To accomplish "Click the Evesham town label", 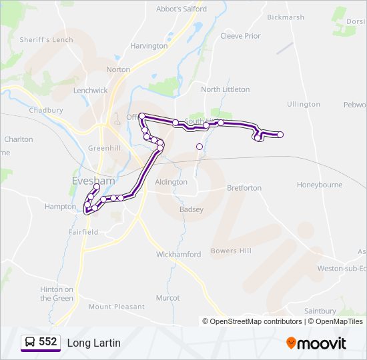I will click(93, 181).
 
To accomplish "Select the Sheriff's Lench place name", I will click(46, 40).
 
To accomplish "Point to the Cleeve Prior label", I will click(240, 36).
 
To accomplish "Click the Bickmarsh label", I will click(285, 17).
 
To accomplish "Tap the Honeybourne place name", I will click(320, 185).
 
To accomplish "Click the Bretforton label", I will click(244, 188).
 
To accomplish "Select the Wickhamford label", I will click(178, 255).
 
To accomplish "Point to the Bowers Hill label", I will click(231, 251).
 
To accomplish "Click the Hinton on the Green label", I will click(57, 294).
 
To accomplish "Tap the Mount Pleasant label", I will click(116, 307).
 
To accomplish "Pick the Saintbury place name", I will click(320, 311).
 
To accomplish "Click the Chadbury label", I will click(46, 110).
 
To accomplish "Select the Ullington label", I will click(304, 105).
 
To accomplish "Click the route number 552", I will click(48, 342).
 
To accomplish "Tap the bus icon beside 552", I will click(30, 343).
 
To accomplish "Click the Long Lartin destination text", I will click(93, 343).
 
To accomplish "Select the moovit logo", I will click(316, 343).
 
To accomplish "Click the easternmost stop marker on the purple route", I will click(280, 135).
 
